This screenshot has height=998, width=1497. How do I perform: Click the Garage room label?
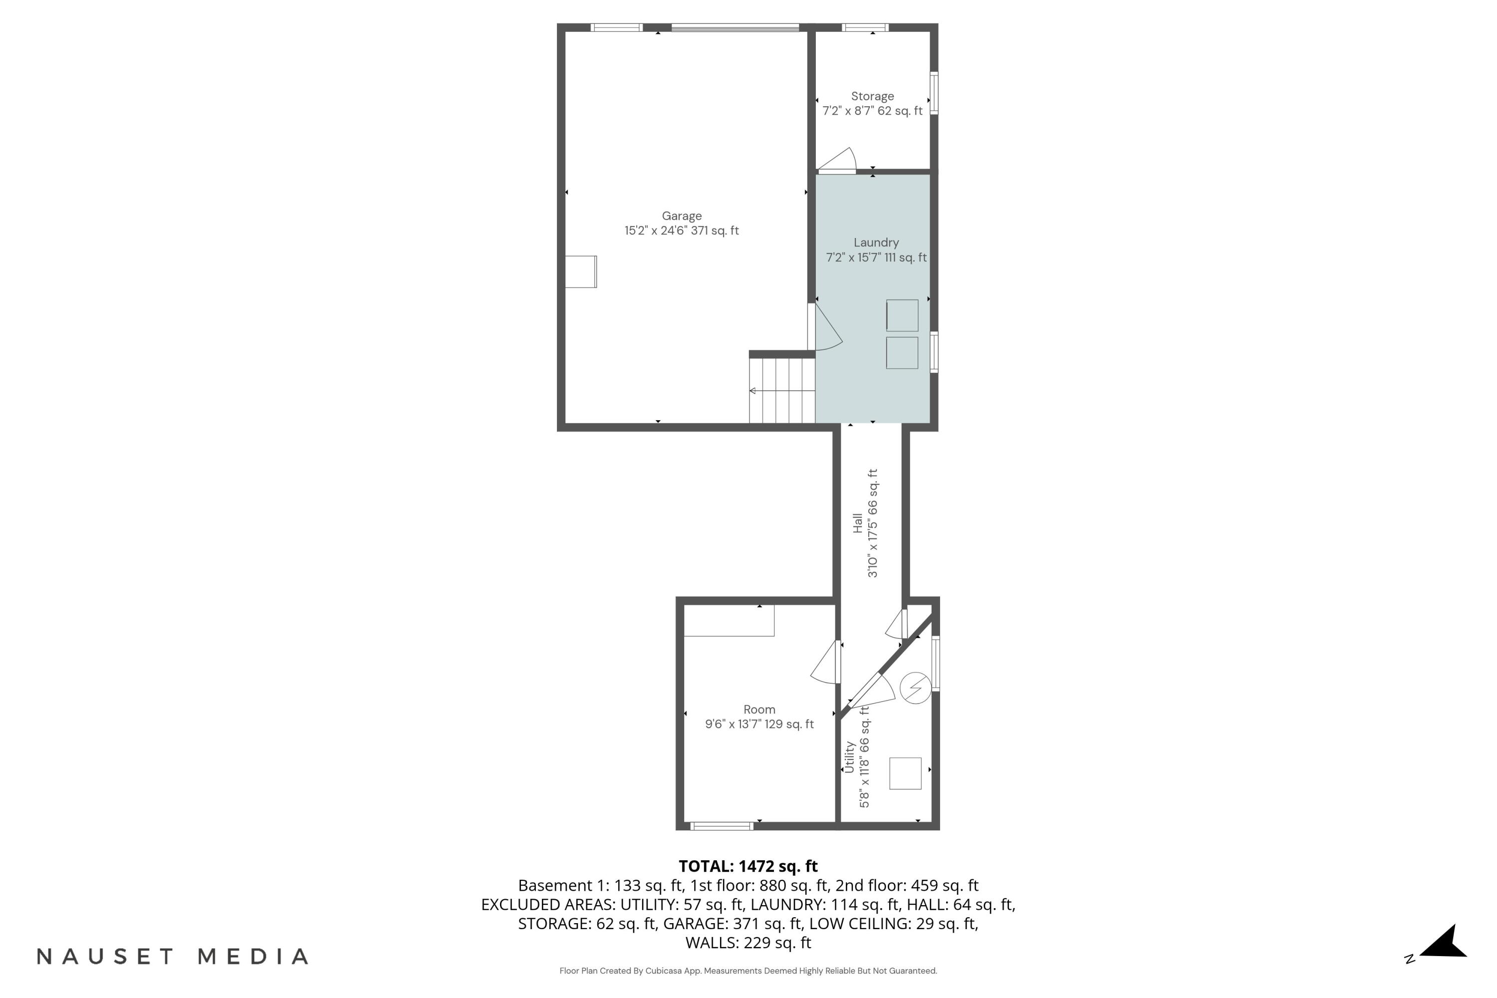click(681, 216)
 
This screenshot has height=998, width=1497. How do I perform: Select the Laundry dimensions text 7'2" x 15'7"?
click(876, 258)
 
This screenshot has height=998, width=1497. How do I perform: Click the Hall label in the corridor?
click(858, 522)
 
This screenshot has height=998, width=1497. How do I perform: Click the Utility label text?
click(849, 757)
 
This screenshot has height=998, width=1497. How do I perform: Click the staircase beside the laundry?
click(781, 390)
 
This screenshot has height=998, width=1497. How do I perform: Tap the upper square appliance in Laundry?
click(902, 315)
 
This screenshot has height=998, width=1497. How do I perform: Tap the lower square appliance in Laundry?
click(902, 353)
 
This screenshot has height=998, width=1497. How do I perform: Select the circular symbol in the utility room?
click(915, 688)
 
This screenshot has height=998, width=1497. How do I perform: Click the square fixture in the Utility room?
click(905, 773)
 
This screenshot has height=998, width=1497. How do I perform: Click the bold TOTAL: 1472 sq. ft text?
click(748, 866)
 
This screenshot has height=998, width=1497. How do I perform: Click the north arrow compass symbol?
click(1444, 950)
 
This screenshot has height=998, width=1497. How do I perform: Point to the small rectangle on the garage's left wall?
click(580, 272)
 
